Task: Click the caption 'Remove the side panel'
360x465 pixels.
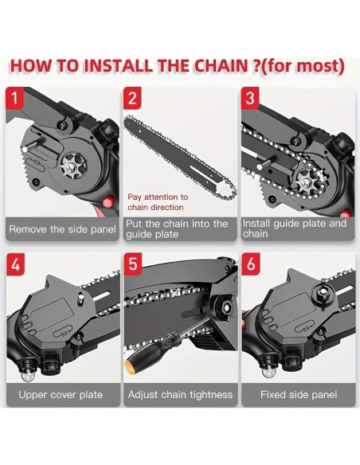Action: coord(62,229)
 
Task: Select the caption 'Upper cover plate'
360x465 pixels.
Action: coord(62,394)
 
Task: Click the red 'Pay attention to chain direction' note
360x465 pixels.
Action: coord(158,201)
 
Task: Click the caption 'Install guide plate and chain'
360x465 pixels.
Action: coord(295,229)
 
